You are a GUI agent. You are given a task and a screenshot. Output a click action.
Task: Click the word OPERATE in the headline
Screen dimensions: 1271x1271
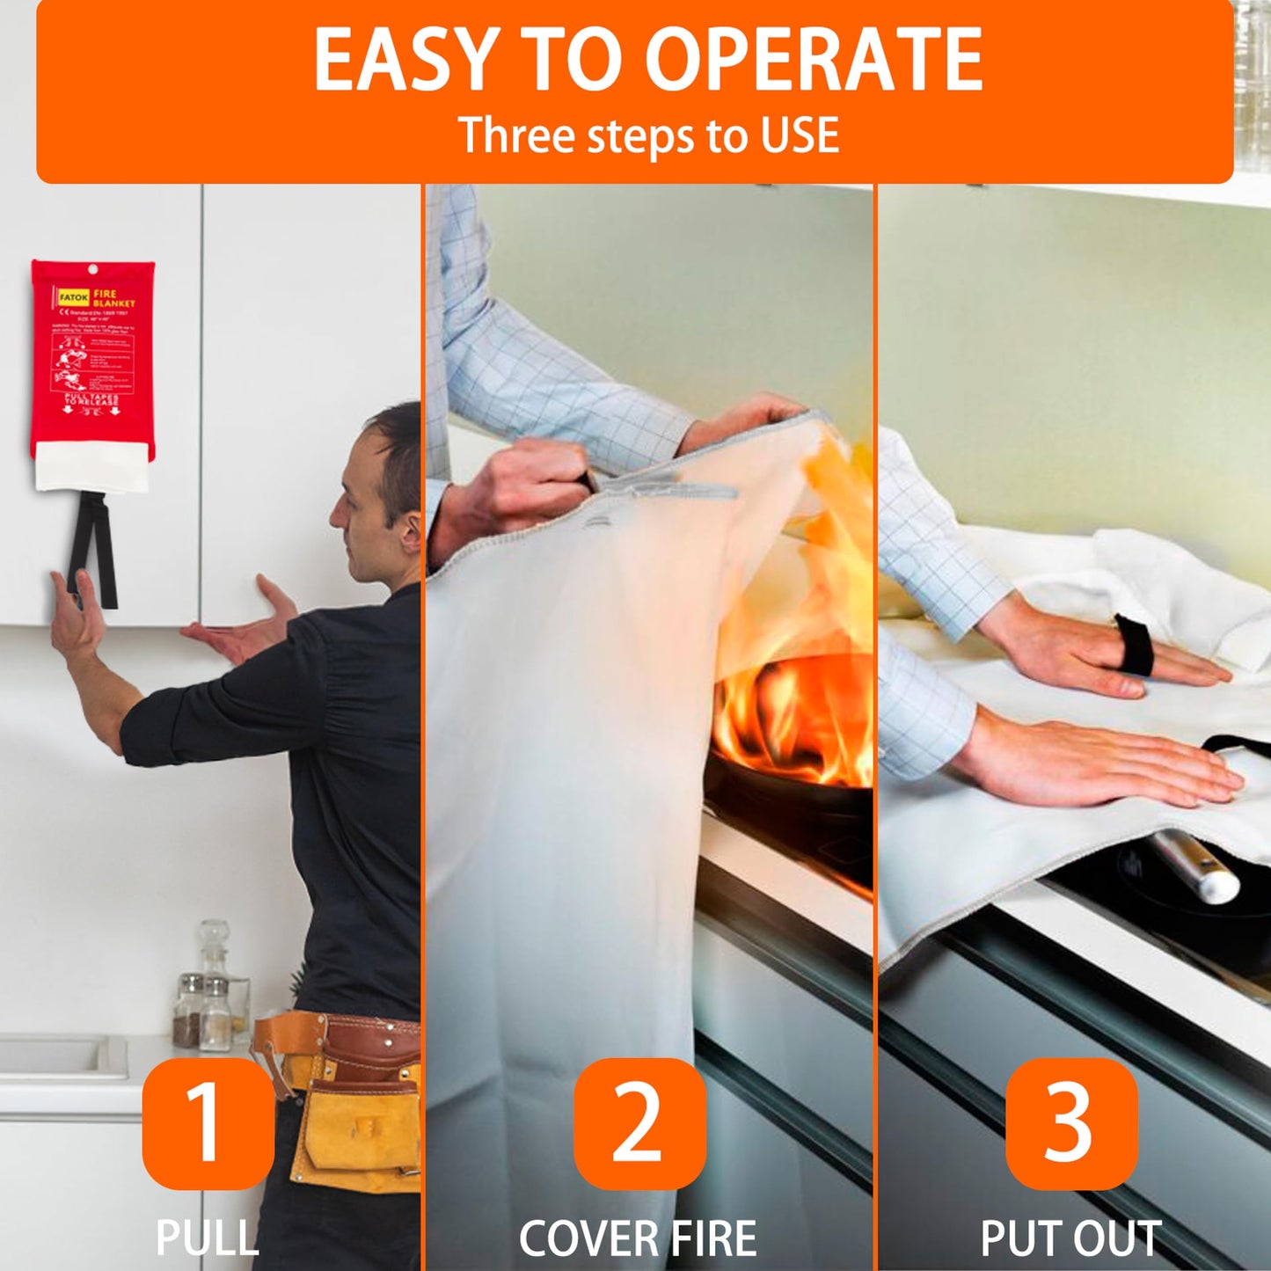tap(814, 60)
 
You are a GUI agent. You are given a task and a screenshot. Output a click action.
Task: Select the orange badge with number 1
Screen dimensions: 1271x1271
tap(208, 1123)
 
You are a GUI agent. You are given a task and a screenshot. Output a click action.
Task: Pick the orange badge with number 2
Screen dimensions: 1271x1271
tap(639, 1123)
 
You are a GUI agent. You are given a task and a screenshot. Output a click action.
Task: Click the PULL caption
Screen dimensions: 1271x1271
tap(208, 1238)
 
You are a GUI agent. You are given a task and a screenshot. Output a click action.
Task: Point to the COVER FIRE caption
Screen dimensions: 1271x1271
tap(638, 1238)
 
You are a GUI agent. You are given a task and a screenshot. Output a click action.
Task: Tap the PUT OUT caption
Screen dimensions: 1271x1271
tap(1070, 1238)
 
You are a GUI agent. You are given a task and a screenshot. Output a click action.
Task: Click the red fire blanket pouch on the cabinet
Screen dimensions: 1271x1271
tap(92, 361)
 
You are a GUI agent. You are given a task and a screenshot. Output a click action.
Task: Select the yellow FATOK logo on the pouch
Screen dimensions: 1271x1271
tap(74, 297)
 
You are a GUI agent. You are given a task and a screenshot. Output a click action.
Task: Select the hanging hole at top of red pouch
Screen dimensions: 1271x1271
tap(91, 270)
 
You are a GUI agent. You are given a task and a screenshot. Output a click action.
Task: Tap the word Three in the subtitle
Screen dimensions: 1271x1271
tap(517, 135)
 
